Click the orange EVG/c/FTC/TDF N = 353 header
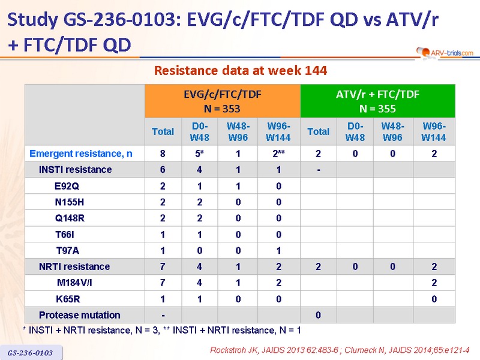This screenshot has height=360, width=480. click(223, 101)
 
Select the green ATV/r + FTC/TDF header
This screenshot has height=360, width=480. click(378, 101)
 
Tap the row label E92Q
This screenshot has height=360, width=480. click(67, 186)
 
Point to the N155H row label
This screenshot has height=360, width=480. click(70, 202)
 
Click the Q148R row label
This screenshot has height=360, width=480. click(70, 218)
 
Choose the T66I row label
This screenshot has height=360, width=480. click(65, 235)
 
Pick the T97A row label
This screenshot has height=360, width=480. click(68, 251)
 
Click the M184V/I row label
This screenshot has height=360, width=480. click(74, 283)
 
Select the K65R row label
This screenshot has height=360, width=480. click(68, 299)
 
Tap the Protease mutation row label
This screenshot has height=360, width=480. click(80, 315)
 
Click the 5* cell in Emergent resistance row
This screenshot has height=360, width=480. click(200, 154)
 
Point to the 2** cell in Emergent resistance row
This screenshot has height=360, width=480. click(278, 154)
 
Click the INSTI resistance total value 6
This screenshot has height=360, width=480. click(163, 170)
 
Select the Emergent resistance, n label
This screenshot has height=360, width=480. click(81, 154)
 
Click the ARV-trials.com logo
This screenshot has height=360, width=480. click(445, 53)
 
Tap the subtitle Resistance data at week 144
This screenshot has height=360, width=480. click(241, 71)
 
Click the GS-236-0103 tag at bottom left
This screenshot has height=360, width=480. click(31, 353)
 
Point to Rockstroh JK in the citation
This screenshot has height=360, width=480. click(234, 350)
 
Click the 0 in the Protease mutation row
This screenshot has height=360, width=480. click(319, 315)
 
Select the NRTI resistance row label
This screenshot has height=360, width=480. click(74, 266)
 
